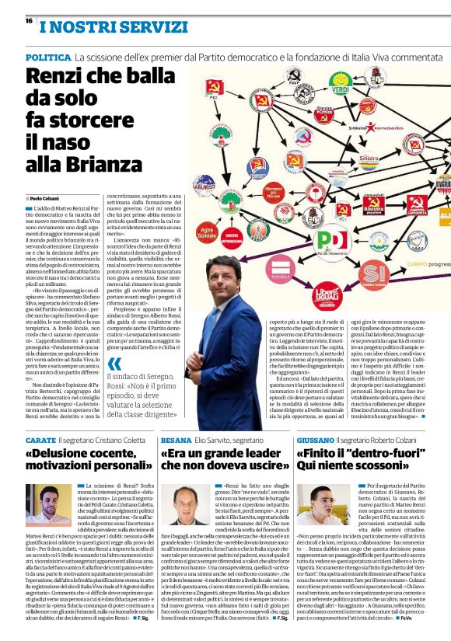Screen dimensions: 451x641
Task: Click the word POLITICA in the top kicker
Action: coord(48,58)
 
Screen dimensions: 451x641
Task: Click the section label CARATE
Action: coord(40,441)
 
